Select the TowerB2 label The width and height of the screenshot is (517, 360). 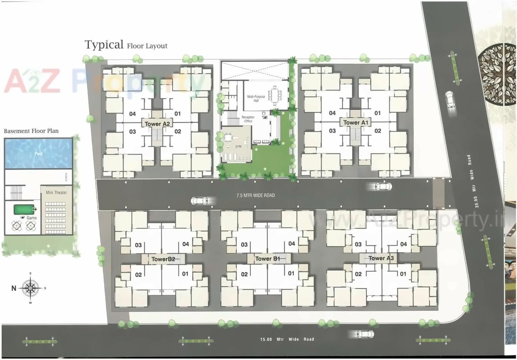point(163,259)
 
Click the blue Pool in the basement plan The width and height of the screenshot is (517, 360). point(38,154)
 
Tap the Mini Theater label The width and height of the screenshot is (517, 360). point(57,192)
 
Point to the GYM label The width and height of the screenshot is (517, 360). point(238,146)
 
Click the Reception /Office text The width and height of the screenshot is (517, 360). point(248,119)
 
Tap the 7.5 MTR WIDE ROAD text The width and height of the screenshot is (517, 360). point(256,196)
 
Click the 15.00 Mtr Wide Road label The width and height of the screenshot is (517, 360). point(287,339)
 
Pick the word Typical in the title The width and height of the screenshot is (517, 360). point(104,44)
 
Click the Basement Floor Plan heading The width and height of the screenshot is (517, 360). point(31,131)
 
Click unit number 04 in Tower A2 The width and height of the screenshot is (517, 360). point(132,114)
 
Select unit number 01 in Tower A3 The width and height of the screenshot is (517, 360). point(403,274)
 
